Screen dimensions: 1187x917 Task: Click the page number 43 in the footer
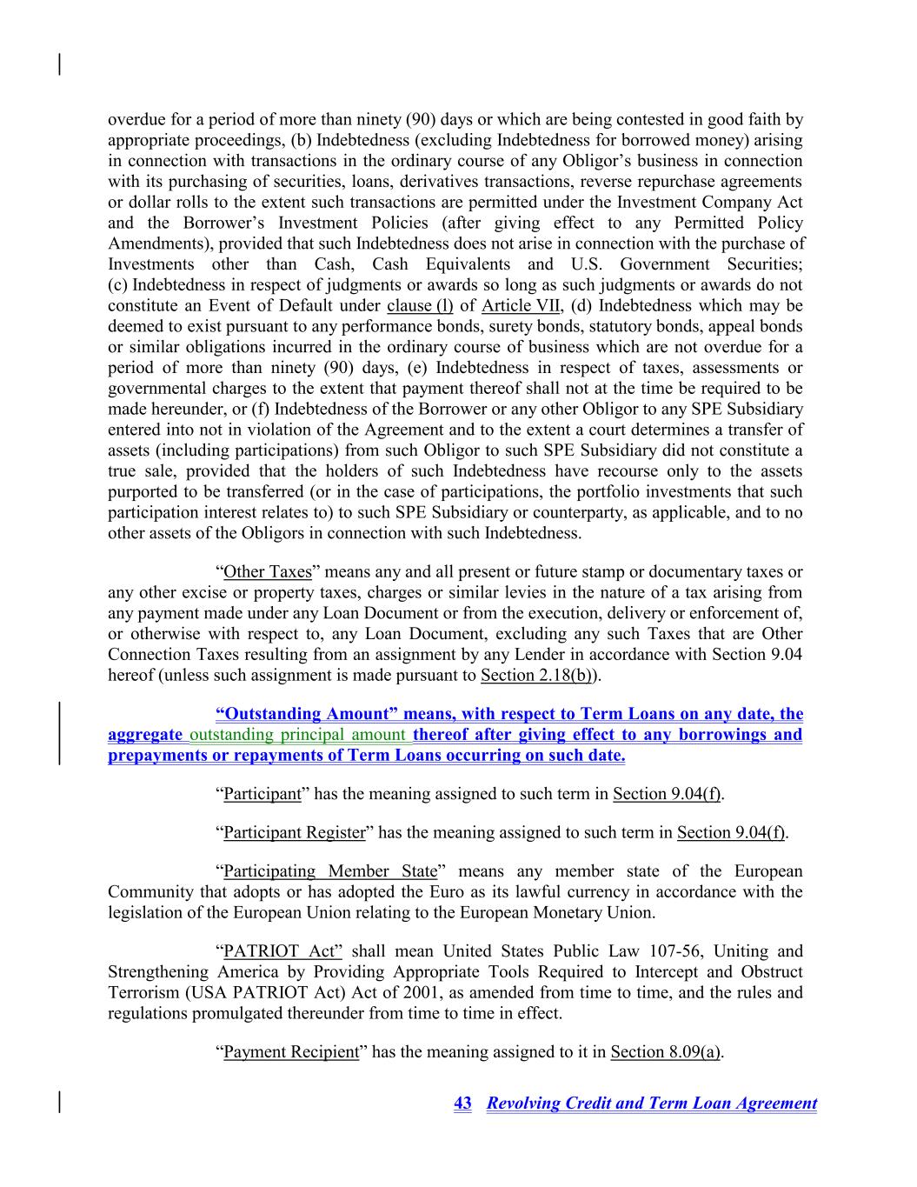point(462,1104)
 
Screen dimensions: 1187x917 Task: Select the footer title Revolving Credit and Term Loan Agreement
point(651,1104)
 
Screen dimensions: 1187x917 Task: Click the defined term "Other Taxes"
point(267,572)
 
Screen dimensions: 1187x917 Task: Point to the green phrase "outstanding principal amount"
point(297,735)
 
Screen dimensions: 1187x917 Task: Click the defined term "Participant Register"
point(294,833)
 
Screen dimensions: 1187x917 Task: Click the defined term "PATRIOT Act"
point(282,951)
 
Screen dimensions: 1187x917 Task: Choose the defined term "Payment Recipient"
point(291,1052)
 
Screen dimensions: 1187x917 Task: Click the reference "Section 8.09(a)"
point(666,1052)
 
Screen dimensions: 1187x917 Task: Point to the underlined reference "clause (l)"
point(420,306)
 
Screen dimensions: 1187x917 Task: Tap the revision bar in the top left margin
point(59,64)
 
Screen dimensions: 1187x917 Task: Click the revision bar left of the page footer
point(59,1102)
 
